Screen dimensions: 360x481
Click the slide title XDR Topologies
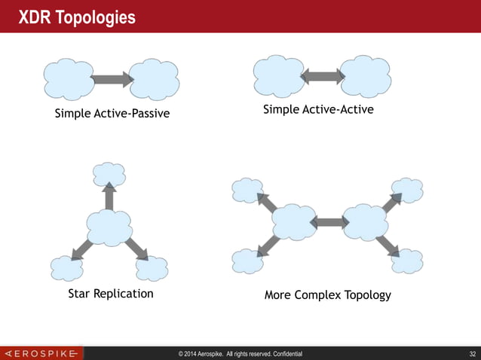pos(77,17)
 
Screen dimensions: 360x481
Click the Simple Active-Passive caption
pos(112,114)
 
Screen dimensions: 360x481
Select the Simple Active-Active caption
pos(318,110)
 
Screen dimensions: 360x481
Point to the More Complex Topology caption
pos(327,294)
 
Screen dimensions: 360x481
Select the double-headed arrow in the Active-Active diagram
pos(322,76)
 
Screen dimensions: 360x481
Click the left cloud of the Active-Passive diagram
pos(69,78)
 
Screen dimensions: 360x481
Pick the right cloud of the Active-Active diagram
pos(365,75)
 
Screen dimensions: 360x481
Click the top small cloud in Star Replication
pos(109,174)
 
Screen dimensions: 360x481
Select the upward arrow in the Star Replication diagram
pos(109,197)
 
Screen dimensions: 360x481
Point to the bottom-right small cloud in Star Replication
pos(152,268)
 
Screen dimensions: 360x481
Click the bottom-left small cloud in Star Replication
pos(66,268)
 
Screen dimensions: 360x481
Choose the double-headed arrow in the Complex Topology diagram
pos(328,222)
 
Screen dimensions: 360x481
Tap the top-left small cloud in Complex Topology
pos(247,190)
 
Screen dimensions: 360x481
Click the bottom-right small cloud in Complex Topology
pos(407,261)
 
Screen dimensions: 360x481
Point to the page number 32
pos(472,352)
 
